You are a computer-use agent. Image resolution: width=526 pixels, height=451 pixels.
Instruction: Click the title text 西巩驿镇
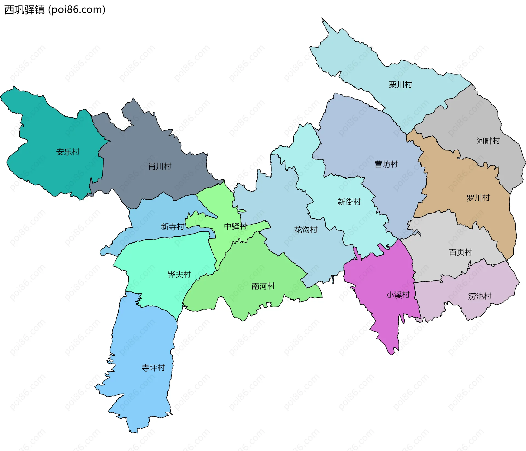[24, 10]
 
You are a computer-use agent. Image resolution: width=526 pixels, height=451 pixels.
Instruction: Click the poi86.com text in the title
[77, 10]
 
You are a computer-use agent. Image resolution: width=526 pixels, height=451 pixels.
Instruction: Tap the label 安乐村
[68, 152]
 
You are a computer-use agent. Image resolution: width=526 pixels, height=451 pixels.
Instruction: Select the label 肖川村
[160, 166]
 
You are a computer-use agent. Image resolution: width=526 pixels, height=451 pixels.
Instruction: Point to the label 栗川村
[400, 85]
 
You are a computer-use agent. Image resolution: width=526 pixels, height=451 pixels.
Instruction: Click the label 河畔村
[488, 141]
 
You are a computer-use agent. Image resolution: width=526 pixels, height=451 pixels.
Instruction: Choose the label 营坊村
[386, 164]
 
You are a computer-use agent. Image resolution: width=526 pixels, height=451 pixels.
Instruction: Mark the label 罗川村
[478, 198]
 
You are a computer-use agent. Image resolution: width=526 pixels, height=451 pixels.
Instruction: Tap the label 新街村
[349, 202]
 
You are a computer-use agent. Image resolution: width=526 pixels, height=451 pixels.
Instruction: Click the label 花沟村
[306, 230]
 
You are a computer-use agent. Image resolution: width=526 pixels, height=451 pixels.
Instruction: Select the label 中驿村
[235, 226]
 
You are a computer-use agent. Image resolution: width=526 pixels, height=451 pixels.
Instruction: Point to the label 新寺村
[172, 227]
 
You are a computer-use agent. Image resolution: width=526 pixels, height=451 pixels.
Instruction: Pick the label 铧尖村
[179, 274]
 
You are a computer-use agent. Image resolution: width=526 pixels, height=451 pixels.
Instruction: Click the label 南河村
[263, 286]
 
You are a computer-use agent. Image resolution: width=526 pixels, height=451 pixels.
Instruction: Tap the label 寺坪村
[153, 368]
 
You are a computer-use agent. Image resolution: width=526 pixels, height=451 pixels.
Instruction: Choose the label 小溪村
[398, 295]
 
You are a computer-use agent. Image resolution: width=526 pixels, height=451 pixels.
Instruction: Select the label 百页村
[460, 252]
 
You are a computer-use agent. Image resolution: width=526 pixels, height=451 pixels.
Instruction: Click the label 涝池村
[479, 296]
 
